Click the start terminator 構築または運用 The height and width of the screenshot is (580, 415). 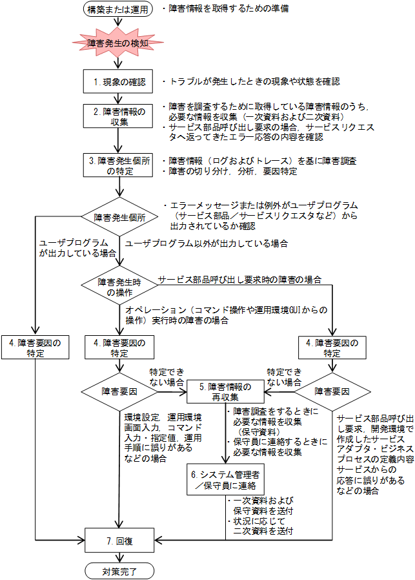[118, 10]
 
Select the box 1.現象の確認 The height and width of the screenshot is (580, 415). [118, 83]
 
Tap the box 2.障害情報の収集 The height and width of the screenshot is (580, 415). [118, 117]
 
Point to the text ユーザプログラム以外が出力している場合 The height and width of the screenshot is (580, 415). [206, 243]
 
